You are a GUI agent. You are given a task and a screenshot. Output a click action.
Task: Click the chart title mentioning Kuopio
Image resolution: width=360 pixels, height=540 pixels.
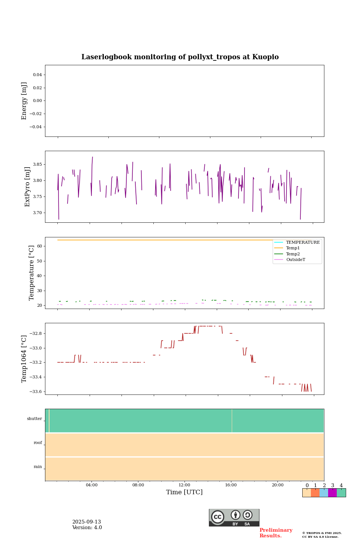(180, 57)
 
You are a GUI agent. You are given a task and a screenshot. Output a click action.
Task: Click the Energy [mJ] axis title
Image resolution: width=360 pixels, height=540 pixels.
(24, 101)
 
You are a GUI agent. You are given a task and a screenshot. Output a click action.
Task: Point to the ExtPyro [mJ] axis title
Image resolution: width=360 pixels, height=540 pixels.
(27, 187)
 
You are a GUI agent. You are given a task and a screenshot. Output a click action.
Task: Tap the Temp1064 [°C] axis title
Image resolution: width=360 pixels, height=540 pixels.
(24, 359)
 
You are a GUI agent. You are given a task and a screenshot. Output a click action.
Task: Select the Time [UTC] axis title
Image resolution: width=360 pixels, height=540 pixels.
(184, 492)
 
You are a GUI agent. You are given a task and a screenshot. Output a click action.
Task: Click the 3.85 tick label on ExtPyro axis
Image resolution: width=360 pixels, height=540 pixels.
(37, 165)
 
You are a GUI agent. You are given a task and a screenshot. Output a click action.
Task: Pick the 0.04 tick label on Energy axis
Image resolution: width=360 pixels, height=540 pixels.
(37, 75)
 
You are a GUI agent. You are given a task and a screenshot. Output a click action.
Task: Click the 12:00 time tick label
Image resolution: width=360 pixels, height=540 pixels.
(184, 485)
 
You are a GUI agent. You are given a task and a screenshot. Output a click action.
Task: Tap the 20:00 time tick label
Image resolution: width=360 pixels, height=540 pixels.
(277, 485)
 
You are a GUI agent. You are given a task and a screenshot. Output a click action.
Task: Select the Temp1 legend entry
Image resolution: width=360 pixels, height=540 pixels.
(293, 248)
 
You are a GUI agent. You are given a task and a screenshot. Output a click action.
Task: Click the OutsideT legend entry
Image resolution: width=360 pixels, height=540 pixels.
(295, 260)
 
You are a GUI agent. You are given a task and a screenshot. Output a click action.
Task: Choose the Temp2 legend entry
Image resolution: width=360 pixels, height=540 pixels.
(293, 254)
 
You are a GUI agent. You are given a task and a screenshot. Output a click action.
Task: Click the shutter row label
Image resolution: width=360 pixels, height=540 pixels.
(34, 419)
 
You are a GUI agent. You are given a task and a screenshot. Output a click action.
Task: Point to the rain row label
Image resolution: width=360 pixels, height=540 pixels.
(38, 467)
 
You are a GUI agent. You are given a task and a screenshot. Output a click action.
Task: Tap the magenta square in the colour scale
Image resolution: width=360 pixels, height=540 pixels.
(332, 493)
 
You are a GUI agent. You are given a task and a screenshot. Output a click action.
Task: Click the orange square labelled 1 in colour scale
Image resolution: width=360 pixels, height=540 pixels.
(315, 493)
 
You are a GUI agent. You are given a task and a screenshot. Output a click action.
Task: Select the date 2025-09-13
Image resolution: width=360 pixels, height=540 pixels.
(87, 522)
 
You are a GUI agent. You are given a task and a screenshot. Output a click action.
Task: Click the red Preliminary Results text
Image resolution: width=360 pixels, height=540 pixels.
(276, 533)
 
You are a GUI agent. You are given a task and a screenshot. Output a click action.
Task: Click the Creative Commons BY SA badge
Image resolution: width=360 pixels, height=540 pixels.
(234, 517)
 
